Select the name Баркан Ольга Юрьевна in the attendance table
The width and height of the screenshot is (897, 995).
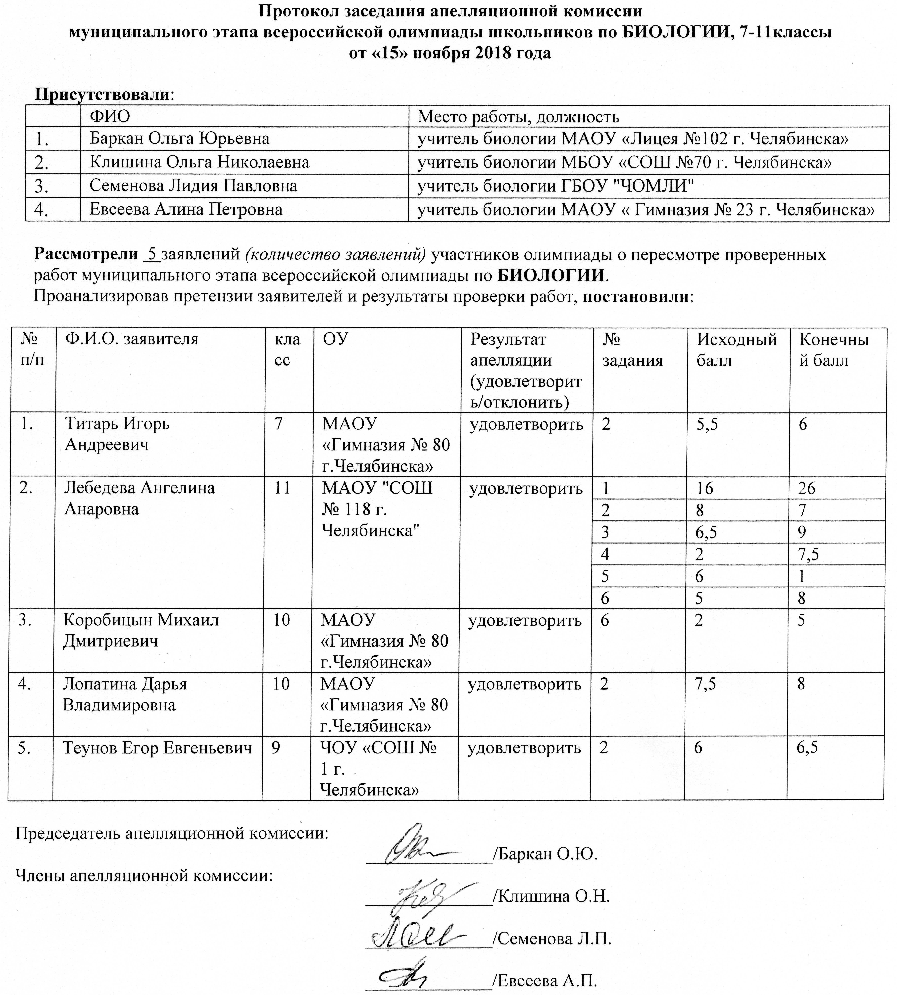coord(179,139)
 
